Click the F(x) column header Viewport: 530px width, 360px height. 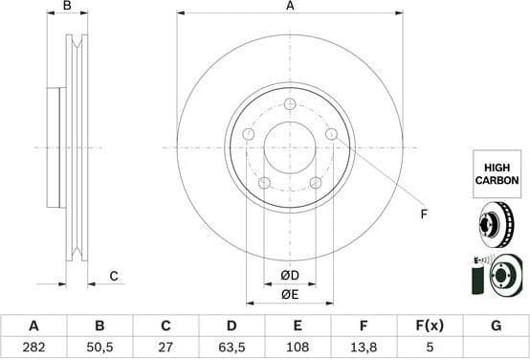point(430,326)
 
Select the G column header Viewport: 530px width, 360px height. point(496,326)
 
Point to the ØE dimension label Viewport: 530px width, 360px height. point(290,295)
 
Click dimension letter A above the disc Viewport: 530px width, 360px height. point(290,7)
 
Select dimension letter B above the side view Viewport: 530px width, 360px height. point(66,7)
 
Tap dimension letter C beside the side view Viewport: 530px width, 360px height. point(113,277)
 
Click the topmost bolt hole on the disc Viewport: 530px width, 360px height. point(290,103)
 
